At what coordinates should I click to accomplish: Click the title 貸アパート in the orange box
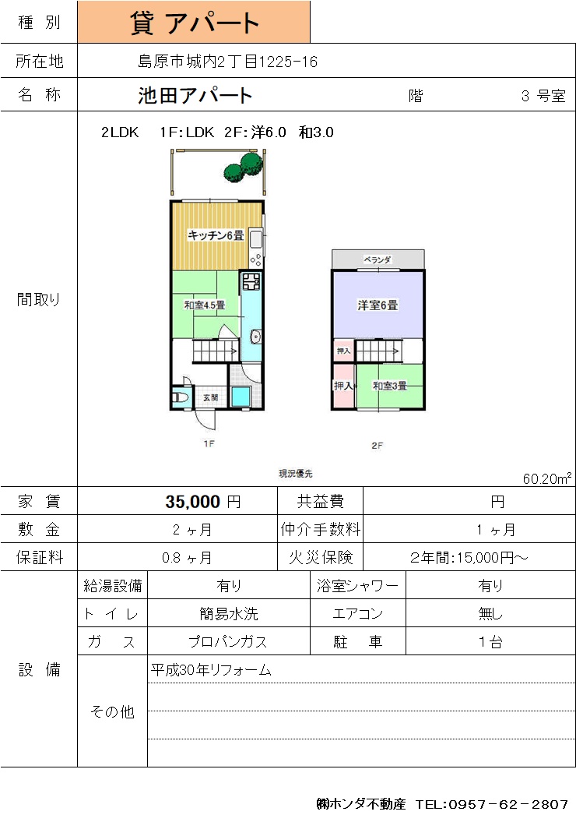[x=195, y=23]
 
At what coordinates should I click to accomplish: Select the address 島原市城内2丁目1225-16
[x=227, y=62]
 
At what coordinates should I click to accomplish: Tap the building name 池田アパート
[x=195, y=96]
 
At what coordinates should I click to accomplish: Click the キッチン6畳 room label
[x=216, y=235]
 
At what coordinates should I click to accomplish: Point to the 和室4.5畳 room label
[x=205, y=305]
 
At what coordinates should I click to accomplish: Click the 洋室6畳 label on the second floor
[x=378, y=305]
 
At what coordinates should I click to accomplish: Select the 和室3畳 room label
[x=390, y=386]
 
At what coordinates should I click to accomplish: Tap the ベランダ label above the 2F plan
[x=378, y=259]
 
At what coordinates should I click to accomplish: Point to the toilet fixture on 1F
[x=179, y=398]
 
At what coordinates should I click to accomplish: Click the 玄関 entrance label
[x=210, y=397]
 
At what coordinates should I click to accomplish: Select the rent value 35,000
[x=193, y=502]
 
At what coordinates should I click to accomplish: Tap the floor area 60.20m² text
[x=547, y=478]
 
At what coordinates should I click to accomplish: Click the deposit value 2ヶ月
[x=192, y=530]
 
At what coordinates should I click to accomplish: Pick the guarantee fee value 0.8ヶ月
[x=187, y=558]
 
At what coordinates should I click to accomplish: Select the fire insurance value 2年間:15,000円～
[x=469, y=558]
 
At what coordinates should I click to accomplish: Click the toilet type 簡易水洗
[x=229, y=614]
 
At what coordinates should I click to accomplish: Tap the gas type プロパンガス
[x=228, y=642]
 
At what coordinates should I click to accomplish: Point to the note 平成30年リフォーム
[x=211, y=670]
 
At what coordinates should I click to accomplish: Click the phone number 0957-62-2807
[x=508, y=804]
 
